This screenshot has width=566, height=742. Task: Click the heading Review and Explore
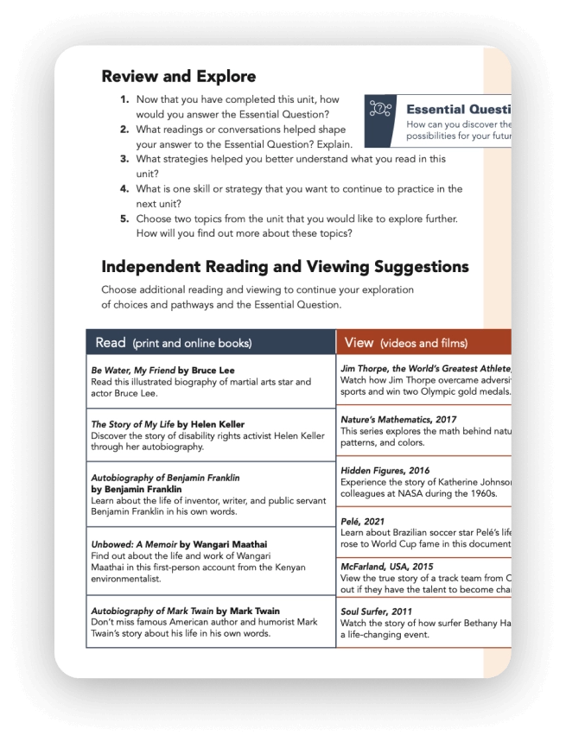tap(178, 76)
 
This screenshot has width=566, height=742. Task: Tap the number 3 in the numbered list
tap(124, 159)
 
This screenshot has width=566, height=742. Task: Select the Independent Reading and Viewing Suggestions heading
tap(284, 266)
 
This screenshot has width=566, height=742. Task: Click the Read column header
tap(111, 343)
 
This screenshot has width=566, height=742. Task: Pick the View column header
tap(359, 343)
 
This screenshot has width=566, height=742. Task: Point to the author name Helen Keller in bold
tap(217, 424)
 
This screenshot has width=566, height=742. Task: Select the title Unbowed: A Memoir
tap(134, 545)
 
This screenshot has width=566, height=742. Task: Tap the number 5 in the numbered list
tap(124, 219)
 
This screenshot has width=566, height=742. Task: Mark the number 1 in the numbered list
tap(124, 99)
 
